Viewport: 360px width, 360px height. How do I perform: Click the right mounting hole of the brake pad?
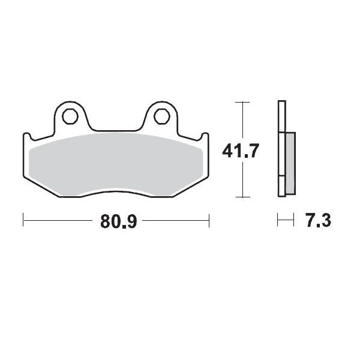pos(161,116)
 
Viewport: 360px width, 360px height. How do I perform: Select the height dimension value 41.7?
pos(241,151)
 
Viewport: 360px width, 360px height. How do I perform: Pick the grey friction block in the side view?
pos(290,163)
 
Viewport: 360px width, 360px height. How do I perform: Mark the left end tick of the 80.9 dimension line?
pos(23,220)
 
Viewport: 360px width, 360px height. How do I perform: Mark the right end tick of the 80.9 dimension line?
pos(209,220)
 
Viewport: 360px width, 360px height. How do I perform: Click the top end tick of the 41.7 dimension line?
pos(241,102)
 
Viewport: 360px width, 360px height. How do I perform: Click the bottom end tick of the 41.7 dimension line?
pos(241,197)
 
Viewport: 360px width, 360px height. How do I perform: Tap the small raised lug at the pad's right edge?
pos(206,135)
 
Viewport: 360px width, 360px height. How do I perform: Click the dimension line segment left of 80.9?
pos(60,220)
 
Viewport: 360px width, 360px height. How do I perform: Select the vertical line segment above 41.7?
pos(241,120)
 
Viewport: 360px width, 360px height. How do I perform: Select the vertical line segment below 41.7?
pos(241,180)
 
